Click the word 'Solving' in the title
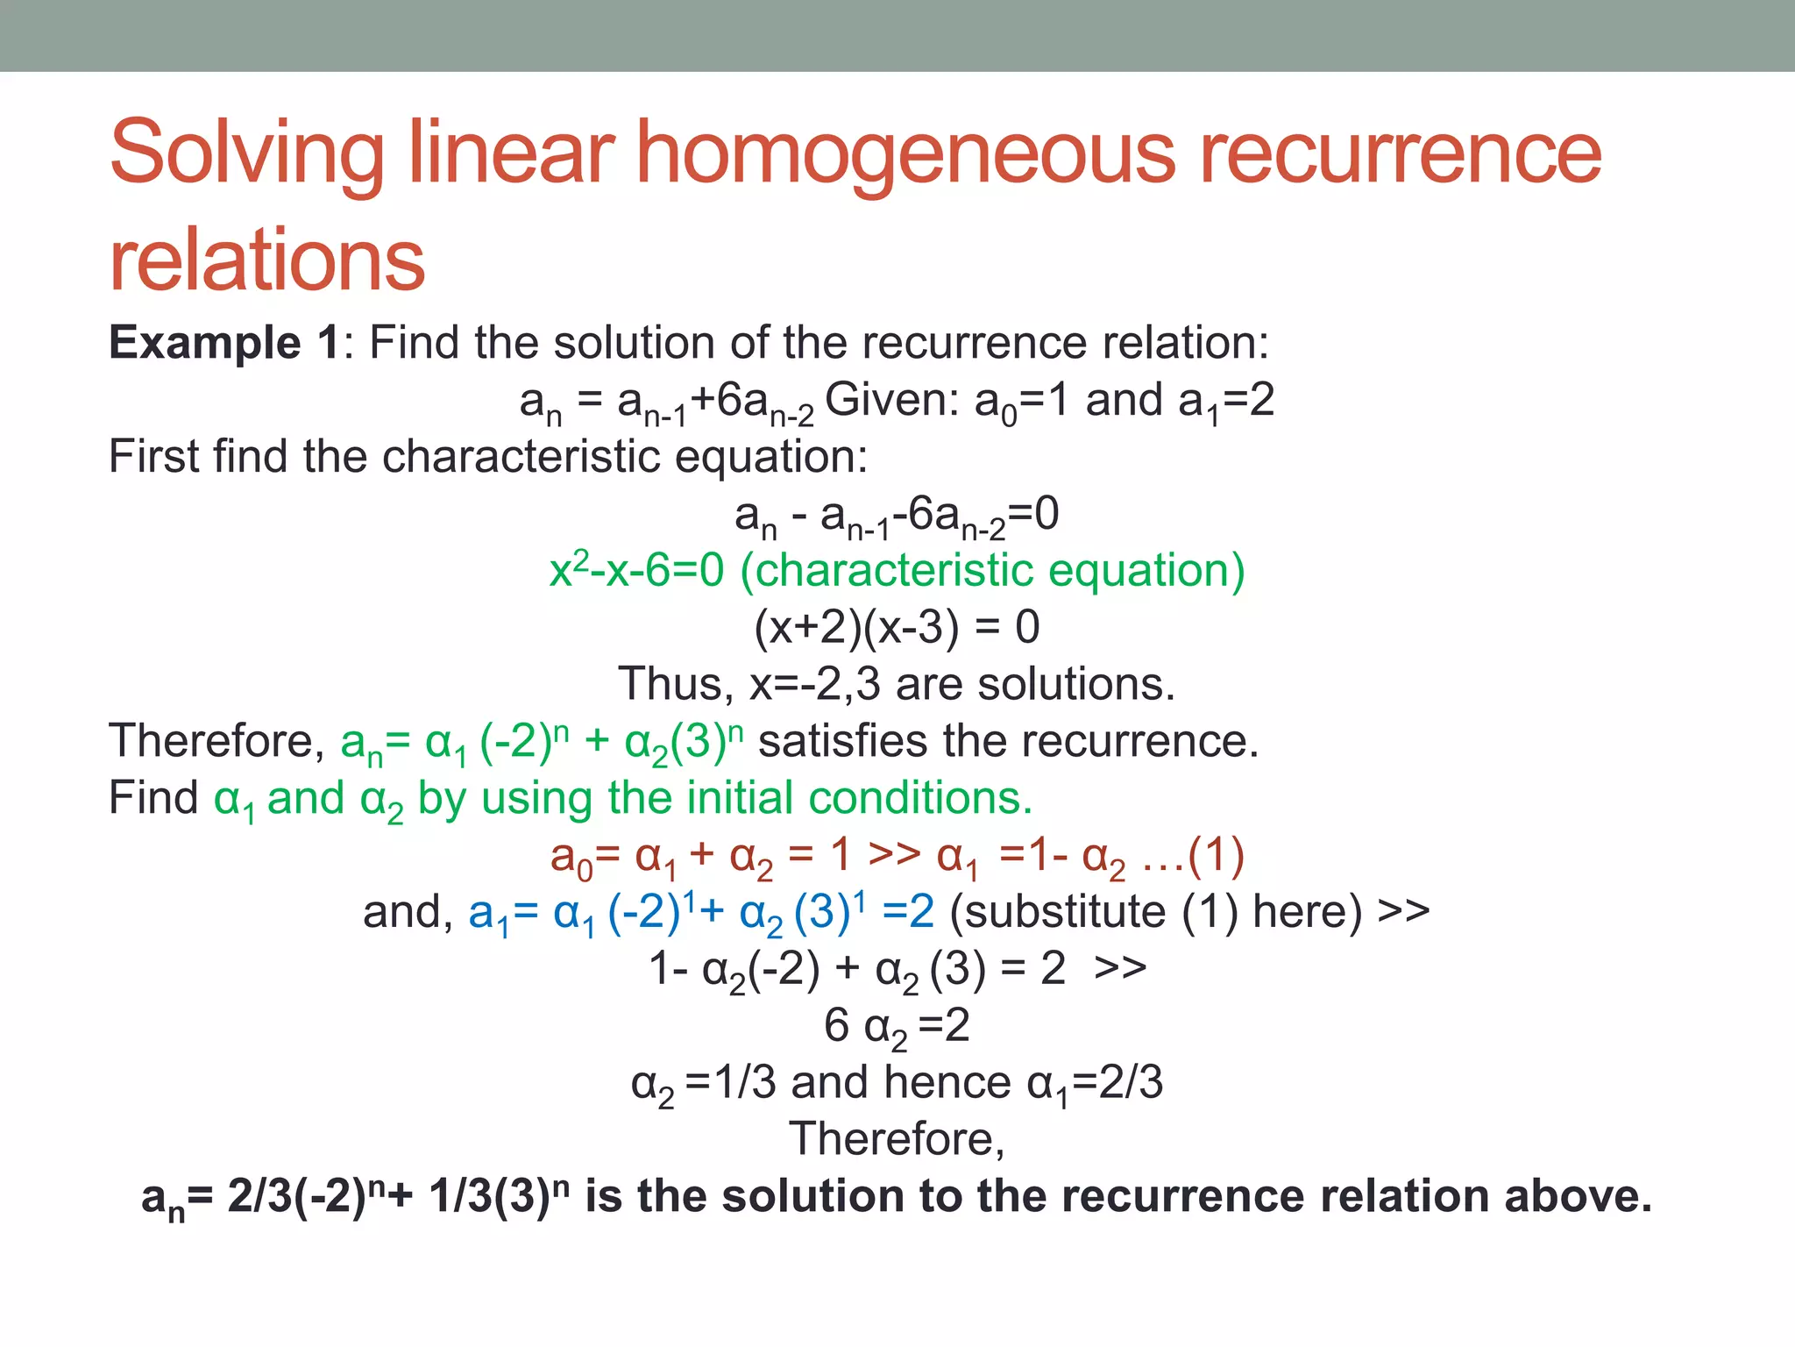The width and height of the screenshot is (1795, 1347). [x=246, y=154]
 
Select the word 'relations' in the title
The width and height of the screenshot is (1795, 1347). [x=266, y=260]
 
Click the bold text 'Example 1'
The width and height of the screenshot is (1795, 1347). [x=223, y=342]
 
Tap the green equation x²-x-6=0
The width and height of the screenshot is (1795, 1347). [x=637, y=571]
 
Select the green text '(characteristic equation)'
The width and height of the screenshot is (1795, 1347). [x=992, y=571]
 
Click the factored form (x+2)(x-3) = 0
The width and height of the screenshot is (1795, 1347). [x=897, y=628]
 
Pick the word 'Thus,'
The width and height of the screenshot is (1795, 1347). [x=676, y=684]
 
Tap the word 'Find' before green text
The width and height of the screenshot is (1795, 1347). [x=153, y=798]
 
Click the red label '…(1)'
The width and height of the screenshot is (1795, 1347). [x=1193, y=855]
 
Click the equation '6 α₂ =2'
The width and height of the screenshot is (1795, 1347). [x=897, y=1025]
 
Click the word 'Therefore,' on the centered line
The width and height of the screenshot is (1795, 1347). [x=897, y=1139]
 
